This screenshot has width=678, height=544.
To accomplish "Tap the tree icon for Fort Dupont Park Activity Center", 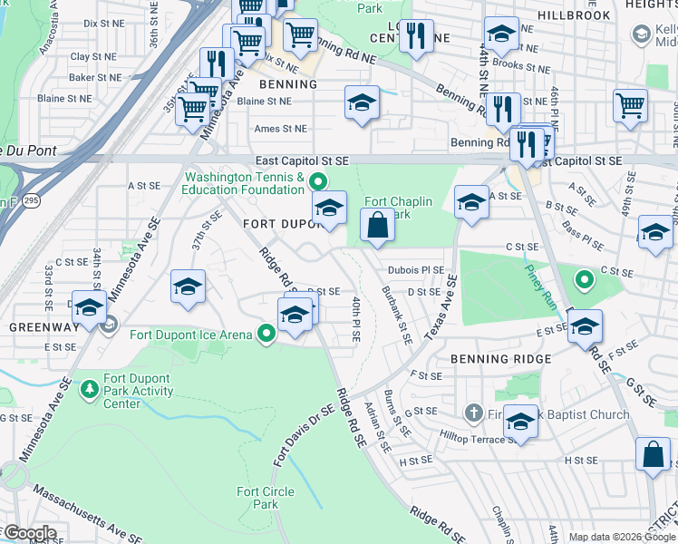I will point(89,390).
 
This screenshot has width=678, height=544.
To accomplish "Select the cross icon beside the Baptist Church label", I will point(473,414).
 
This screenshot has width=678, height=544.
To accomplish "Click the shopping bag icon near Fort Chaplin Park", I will point(377,225).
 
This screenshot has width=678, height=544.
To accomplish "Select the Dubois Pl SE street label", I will point(416,269).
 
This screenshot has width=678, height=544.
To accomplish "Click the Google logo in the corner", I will point(29,533).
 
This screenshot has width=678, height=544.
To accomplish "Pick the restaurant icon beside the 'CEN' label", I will point(415,36).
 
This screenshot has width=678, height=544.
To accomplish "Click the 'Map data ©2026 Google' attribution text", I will point(621,537).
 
